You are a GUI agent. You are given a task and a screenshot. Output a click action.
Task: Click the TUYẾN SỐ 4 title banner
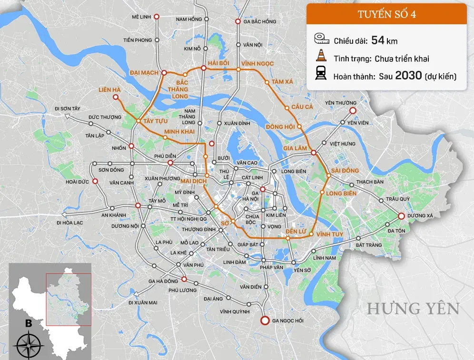(x=386, y=14)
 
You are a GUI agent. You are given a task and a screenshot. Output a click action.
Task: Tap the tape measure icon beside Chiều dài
(x=321, y=40)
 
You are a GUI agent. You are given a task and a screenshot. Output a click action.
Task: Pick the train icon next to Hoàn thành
(x=321, y=75)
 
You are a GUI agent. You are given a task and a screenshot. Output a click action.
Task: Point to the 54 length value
(x=377, y=40)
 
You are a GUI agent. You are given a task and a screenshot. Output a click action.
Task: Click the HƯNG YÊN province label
(x=413, y=309)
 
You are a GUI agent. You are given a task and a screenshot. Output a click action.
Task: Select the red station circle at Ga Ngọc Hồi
(x=265, y=321)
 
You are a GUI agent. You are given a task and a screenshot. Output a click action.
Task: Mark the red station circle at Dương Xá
(x=401, y=216)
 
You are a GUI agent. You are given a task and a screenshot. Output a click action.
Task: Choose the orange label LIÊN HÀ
(x=109, y=89)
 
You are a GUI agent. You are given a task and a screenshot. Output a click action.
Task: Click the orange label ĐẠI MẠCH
(x=144, y=73)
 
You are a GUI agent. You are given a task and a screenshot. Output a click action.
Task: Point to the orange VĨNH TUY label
(x=330, y=234)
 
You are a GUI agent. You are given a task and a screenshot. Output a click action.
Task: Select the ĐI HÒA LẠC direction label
(x=71, y=222)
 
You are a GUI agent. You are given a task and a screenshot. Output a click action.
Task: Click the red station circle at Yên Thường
(x=352, y=111)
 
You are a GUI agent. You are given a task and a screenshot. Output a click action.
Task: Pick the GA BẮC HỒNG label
(x=259, y=21)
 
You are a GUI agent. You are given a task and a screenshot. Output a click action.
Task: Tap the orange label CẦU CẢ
(x=303, y=107)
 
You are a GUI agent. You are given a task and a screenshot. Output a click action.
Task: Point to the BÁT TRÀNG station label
(x=369, y=245)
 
